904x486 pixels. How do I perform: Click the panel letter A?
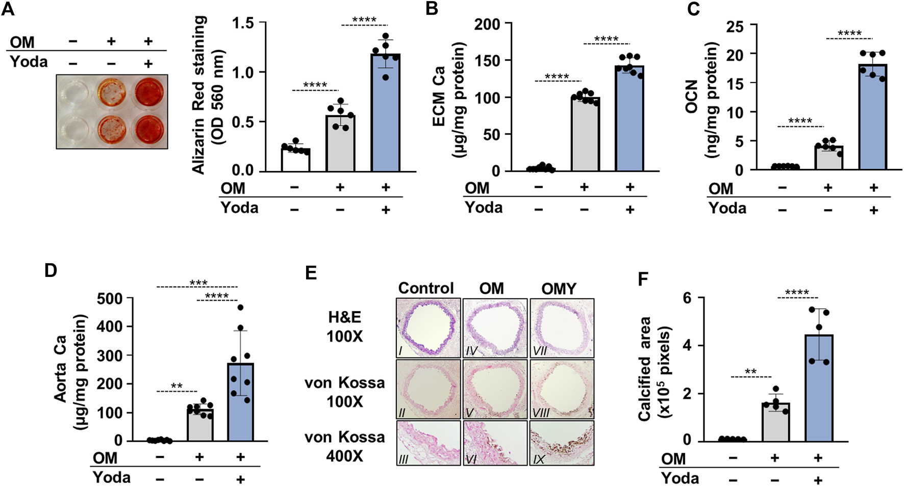click(8, 9)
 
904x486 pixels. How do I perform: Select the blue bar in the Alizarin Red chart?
click(385, 112)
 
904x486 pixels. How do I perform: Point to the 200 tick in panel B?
click(487, 24)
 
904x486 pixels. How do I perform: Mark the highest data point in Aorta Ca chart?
click(240, 307)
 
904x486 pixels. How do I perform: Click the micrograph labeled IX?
click(562, 443)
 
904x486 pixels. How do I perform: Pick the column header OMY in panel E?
click(559, 289)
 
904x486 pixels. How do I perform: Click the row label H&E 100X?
click(345, 326)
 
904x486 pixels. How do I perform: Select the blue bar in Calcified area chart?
click(818, 388)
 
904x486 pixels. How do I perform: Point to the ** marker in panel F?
click(750, 371)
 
